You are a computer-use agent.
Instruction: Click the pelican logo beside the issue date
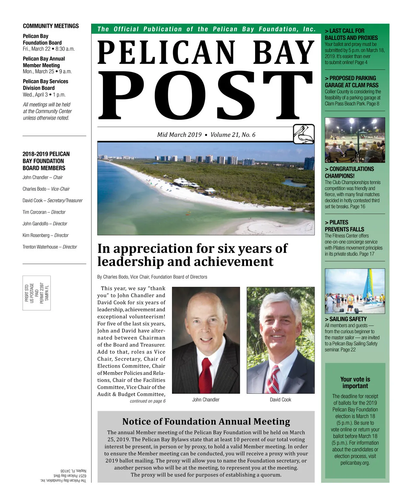[304, 134]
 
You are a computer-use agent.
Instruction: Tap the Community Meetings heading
[51, 26]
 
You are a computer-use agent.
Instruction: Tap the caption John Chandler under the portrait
[206, 400]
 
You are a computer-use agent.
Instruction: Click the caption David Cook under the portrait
[281, 400]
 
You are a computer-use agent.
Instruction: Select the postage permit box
[37, 293]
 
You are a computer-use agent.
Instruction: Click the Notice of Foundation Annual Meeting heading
[206, 422]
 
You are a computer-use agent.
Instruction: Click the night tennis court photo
[355, 140]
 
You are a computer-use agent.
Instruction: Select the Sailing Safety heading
[346, 319]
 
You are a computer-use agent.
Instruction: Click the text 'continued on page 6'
[148, 401]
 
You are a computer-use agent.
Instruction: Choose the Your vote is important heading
[355, 382]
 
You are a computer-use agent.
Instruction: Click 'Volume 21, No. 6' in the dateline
[233, 135]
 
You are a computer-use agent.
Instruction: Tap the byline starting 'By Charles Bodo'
[152, 277]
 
